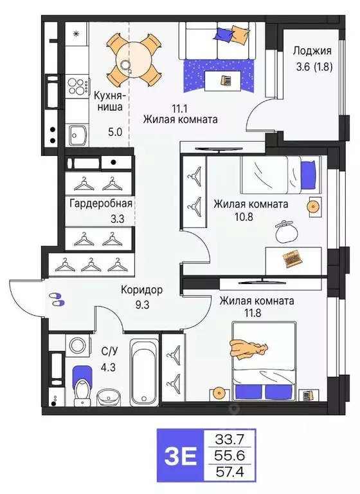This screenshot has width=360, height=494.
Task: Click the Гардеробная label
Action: (x=101, y=204)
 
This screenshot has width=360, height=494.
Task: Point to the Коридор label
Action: (x=141, y=290)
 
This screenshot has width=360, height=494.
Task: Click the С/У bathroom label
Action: (x=109, y=351)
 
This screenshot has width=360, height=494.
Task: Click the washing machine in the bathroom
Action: (x=77, y=346)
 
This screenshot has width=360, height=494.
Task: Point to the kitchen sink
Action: (x=80, y=134)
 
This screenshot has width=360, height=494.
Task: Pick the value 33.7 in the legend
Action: (x=230, y=440)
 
